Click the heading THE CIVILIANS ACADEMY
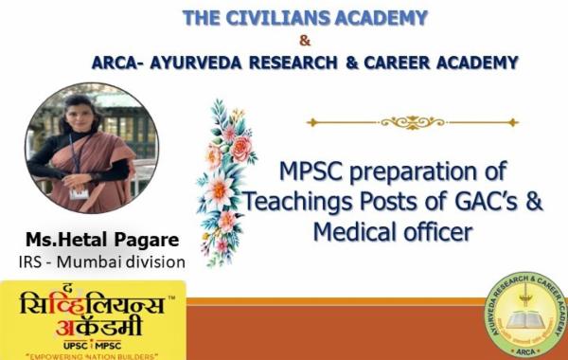tap(304, 17)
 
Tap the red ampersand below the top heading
tap(304, 41)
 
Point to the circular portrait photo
tap(91, 147)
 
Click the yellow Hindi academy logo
tap(93, 317)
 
